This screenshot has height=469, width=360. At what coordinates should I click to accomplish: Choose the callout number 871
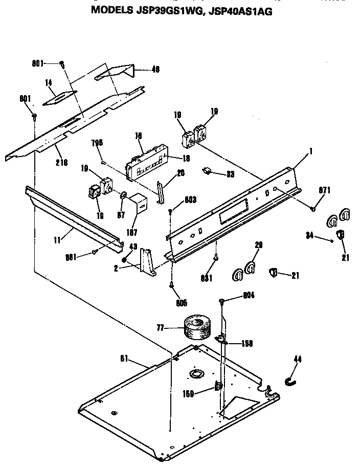coord(325,190)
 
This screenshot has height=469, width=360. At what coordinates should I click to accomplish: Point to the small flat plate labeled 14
coord(59,98)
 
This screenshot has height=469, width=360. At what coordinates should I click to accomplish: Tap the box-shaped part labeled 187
coord(137,203)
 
